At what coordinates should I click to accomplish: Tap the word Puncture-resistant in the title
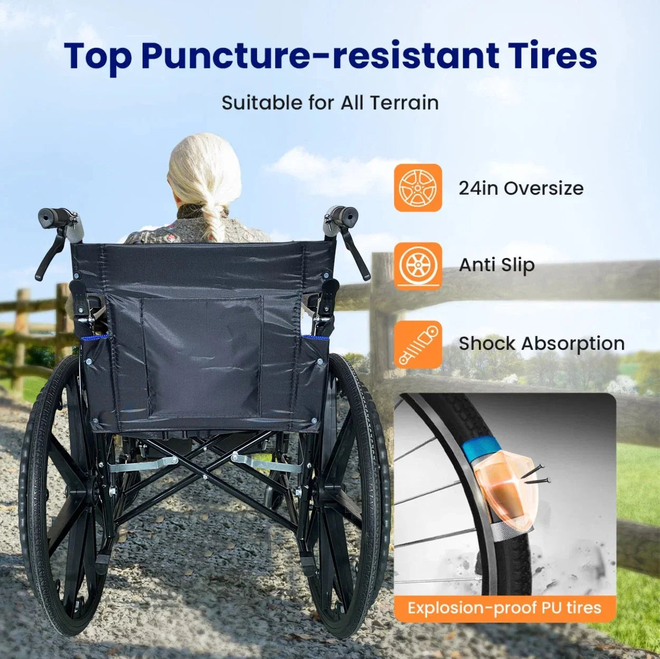320,55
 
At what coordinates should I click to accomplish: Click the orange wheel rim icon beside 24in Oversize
418,188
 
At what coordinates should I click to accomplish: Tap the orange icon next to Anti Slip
418,265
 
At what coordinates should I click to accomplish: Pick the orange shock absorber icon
418,344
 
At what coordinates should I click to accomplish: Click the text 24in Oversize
521,188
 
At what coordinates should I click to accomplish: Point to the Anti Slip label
496,265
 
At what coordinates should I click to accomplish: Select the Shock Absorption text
541,343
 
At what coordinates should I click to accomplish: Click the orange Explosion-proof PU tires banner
504,608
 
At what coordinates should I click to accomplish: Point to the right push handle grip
343,214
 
